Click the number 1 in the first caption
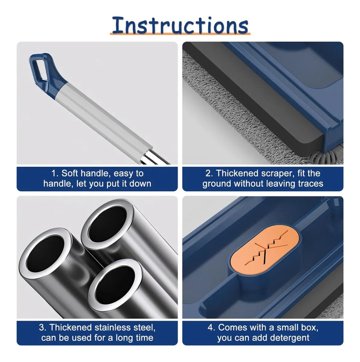tap(54, 173)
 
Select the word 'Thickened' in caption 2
tap(236, 173)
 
